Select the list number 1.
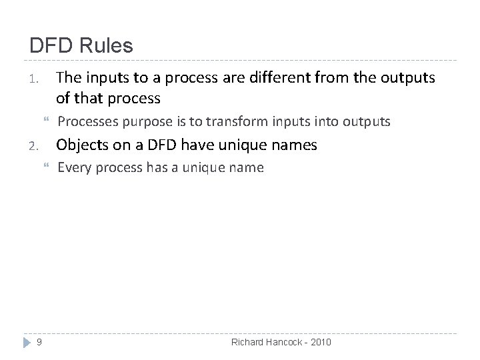[36, 80]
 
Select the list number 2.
[36, 145]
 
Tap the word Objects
[81, 144]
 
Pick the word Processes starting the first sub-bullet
[84, 121]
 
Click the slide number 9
[40, 342]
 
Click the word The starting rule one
[69, 78]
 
